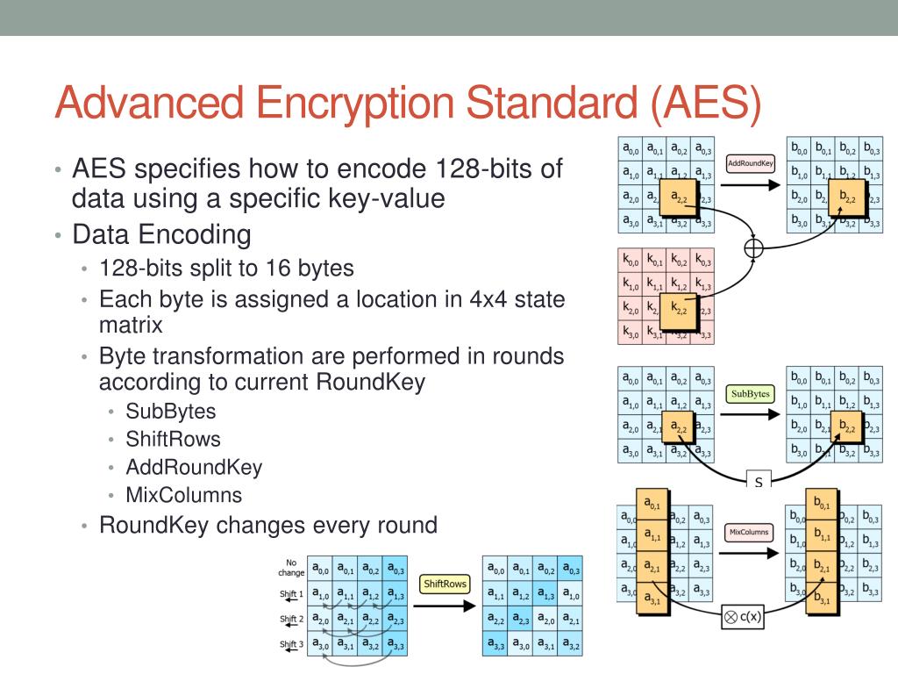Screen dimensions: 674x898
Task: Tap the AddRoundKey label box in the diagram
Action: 749,164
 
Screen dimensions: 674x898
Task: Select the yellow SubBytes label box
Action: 750,394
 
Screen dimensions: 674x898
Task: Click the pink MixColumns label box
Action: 749,533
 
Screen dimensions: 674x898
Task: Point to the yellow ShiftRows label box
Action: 445,584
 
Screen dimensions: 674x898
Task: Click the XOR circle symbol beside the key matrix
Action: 753,248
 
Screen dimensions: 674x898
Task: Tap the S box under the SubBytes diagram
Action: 758,482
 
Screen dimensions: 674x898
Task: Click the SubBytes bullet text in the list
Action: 171,411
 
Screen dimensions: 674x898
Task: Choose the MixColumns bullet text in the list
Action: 184,494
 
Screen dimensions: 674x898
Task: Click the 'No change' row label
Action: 291,567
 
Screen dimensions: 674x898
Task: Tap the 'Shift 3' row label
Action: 291,645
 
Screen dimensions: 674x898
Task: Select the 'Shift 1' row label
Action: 291,594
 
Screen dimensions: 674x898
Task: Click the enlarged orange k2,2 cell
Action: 676,310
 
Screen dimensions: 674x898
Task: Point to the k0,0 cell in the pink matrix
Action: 631,261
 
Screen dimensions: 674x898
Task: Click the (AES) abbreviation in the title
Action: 706,102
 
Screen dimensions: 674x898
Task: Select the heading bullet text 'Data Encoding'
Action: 161,234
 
